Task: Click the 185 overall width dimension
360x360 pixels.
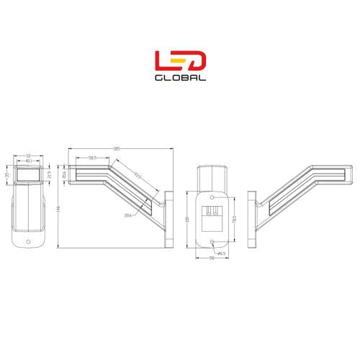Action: tap(117, 149)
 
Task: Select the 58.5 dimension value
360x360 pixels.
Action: tap(93, 158)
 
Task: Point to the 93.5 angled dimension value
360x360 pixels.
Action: tap(135, 176)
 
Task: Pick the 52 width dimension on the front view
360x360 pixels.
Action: tap(28, 155)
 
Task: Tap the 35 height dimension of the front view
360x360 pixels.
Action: tap(7, 174)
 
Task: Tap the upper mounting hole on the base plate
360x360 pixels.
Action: tap(213, 197)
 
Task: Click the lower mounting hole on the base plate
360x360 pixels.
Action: tap(213, 240)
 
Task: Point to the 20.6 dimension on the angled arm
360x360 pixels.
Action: tap(128, 215)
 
